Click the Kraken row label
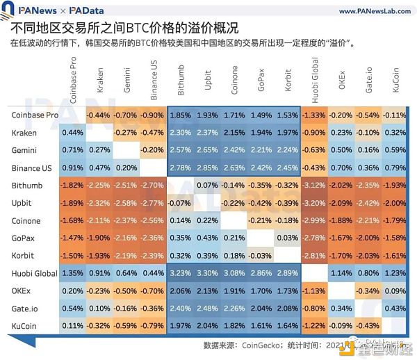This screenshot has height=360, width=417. click(x=25, y=132)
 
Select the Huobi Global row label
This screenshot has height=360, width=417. click(x=35, y=273)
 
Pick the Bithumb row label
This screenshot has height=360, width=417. click(x=27, y=186)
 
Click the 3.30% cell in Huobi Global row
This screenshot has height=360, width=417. click(x=207, y=274)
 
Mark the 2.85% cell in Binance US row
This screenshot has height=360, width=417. click(x=207, y=167)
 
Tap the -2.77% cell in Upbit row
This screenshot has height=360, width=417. click(x=153, y=203)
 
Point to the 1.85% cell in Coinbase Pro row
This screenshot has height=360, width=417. click(x=180, y=115)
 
